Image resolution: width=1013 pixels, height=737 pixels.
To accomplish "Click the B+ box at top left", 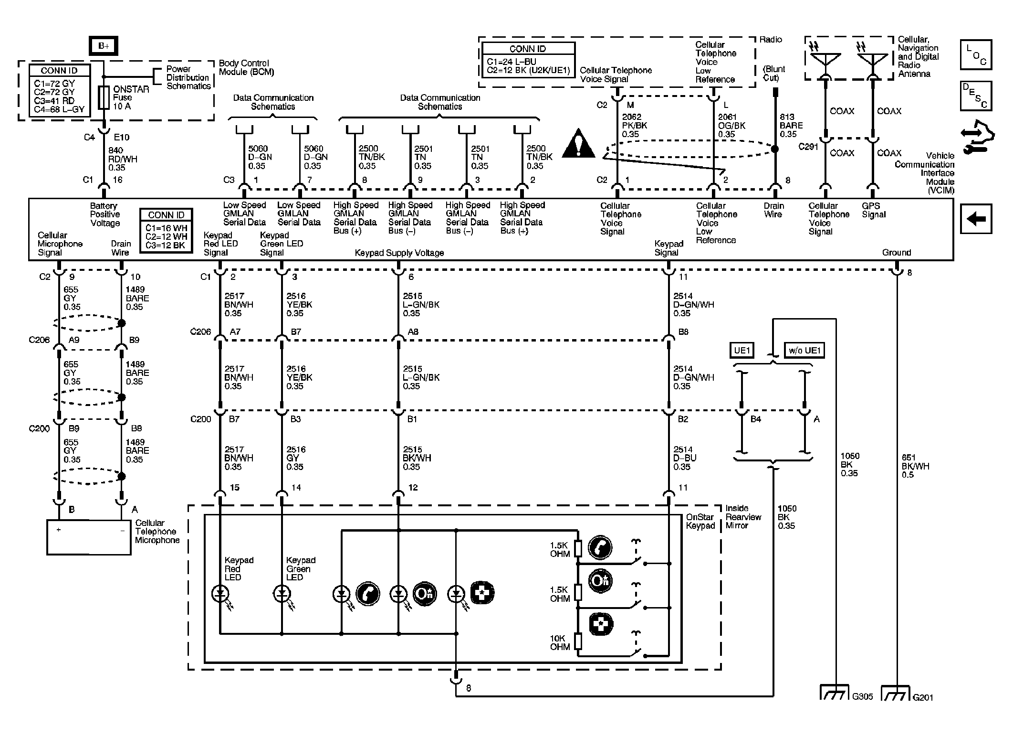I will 104,46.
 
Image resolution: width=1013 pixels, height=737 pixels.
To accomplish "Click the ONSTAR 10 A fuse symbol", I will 104,97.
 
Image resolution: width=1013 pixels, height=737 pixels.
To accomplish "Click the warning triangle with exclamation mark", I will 578,144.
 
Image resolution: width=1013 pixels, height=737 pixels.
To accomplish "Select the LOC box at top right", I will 976,54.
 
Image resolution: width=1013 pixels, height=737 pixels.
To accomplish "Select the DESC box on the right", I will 976,96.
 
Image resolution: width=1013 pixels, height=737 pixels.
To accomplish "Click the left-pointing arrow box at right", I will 976,219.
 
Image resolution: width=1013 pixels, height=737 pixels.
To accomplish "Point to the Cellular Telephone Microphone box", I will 89,537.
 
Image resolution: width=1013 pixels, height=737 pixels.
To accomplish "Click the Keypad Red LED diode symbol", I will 220,594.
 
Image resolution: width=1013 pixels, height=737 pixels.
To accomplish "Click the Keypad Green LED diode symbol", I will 282,594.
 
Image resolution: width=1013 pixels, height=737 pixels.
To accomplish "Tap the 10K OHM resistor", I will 578,641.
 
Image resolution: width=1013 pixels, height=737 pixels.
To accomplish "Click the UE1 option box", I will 742,350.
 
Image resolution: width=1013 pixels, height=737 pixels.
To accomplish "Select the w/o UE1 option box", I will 804,350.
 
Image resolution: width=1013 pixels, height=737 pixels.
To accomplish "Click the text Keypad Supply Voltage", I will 399,253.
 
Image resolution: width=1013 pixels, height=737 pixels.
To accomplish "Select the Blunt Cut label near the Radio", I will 774,73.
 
